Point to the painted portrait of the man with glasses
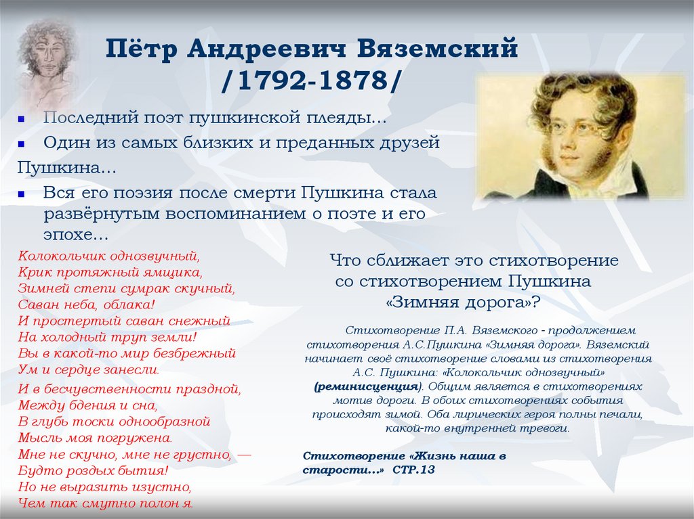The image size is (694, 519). click(581, 135)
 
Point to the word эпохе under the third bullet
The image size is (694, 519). click(73, 235)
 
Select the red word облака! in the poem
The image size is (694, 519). click(131, 304)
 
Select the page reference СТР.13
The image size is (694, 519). click(413, 470)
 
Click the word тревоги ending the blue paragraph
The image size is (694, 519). click(546, 428)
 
